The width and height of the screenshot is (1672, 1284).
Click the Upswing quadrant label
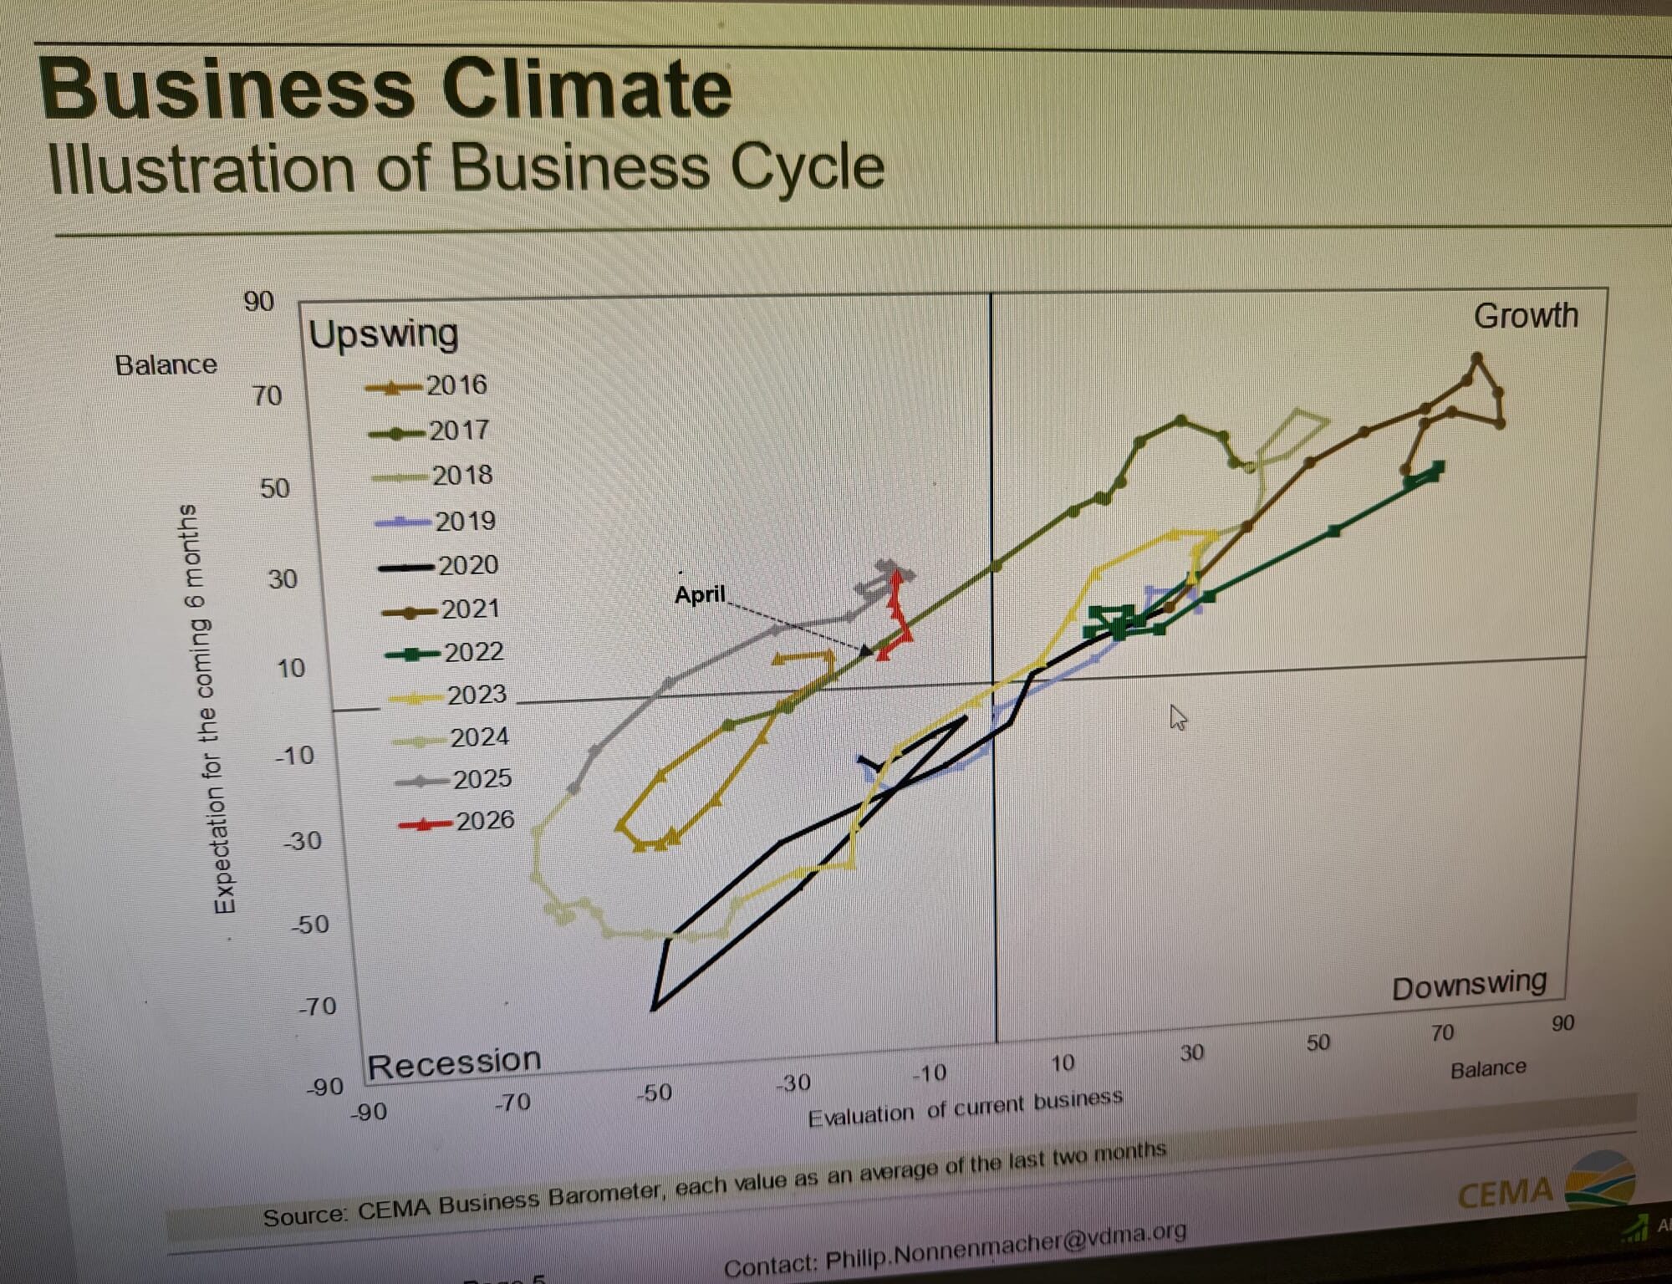tap(384, 334)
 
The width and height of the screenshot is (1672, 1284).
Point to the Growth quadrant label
tap(1525, 316)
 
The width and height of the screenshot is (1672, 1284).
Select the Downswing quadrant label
tap(1469, 985)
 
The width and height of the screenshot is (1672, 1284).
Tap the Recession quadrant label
tap(454, 1063)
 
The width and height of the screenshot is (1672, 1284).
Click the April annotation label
tap(700, 594)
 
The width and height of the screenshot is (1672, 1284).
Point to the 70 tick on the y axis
tap(267, 395)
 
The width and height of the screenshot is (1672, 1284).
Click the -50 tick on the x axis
tap(654, 1093)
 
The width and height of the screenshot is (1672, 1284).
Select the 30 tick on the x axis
tap(1191, 1052)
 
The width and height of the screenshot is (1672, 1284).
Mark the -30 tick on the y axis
tap(302, 840)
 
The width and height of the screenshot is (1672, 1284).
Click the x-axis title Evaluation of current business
tap(965, 1106)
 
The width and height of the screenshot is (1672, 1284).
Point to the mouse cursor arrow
tap(1177, 716)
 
